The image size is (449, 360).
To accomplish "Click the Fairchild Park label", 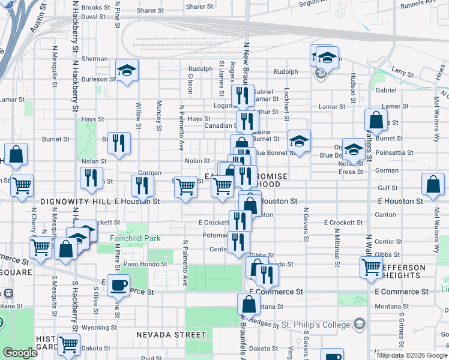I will [x=136, y=238].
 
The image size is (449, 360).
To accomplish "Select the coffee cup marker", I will [x=119, y=284].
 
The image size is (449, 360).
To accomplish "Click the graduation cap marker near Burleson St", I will [x=127, y=70].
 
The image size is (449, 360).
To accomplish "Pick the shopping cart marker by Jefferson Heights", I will [x=372, y=267].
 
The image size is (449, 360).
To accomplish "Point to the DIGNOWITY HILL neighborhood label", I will [x=76, y=202].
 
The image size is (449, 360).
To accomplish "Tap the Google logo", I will [x=20, y=353].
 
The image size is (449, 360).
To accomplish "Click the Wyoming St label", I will [x=99, y=328].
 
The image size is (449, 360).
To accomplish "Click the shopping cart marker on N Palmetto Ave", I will [x=185, y=188].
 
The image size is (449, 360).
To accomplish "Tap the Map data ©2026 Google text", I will [x=411, y=355].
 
